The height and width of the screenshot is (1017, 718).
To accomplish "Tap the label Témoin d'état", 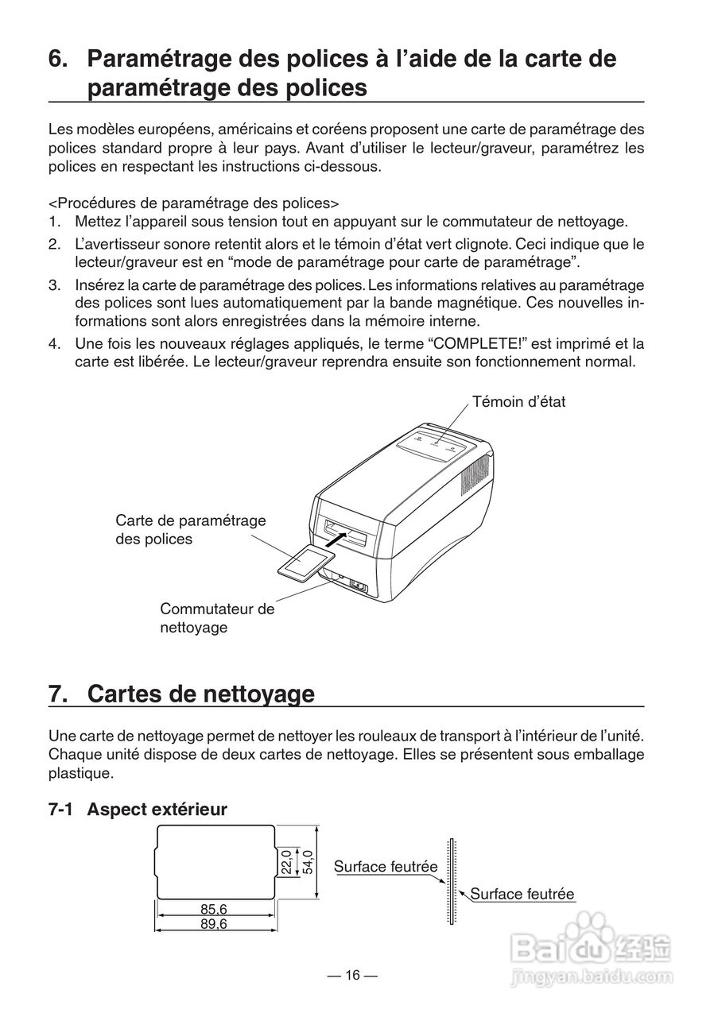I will tap(518, 402).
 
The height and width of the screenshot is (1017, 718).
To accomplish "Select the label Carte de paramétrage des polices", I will tap(190, 529).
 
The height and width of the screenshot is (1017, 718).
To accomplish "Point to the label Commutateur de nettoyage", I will tap(216, 618).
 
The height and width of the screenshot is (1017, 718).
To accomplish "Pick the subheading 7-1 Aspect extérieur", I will tap(138, 809).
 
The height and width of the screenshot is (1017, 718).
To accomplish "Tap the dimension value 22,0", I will tap(286, 862).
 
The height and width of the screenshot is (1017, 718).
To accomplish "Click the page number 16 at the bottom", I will tap(352, 976).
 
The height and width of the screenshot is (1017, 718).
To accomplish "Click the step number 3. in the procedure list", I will tap(54, 285).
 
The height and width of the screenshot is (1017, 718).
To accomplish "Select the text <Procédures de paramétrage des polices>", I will tap(194, 202).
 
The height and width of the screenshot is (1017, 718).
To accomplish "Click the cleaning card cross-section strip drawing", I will tap(451, 881).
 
